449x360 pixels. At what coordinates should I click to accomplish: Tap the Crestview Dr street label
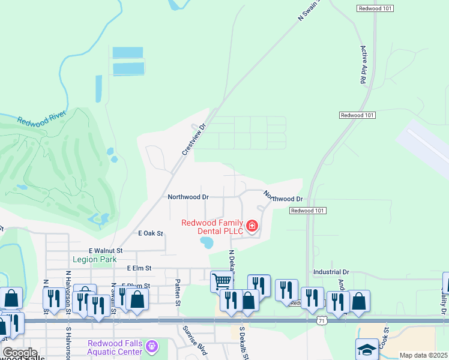point(194,140)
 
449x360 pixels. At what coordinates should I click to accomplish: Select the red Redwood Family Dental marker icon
point(253,226)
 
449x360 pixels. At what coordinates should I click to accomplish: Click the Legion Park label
point(94,259)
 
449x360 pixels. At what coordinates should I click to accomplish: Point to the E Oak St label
point(151,233)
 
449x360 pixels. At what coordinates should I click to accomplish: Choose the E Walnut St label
point(106,250)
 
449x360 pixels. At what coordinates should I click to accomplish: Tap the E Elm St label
point(140,268)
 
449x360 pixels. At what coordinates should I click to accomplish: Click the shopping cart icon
point(222,280)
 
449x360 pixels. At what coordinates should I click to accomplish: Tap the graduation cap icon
point(367,349)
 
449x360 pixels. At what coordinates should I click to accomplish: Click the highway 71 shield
point(322,321)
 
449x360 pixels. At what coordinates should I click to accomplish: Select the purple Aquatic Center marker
point(152,346)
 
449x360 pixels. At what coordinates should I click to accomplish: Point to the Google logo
point(20,353)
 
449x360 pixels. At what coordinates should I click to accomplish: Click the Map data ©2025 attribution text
point(423,355)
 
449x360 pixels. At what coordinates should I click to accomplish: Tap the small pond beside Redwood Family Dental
point(207,243)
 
